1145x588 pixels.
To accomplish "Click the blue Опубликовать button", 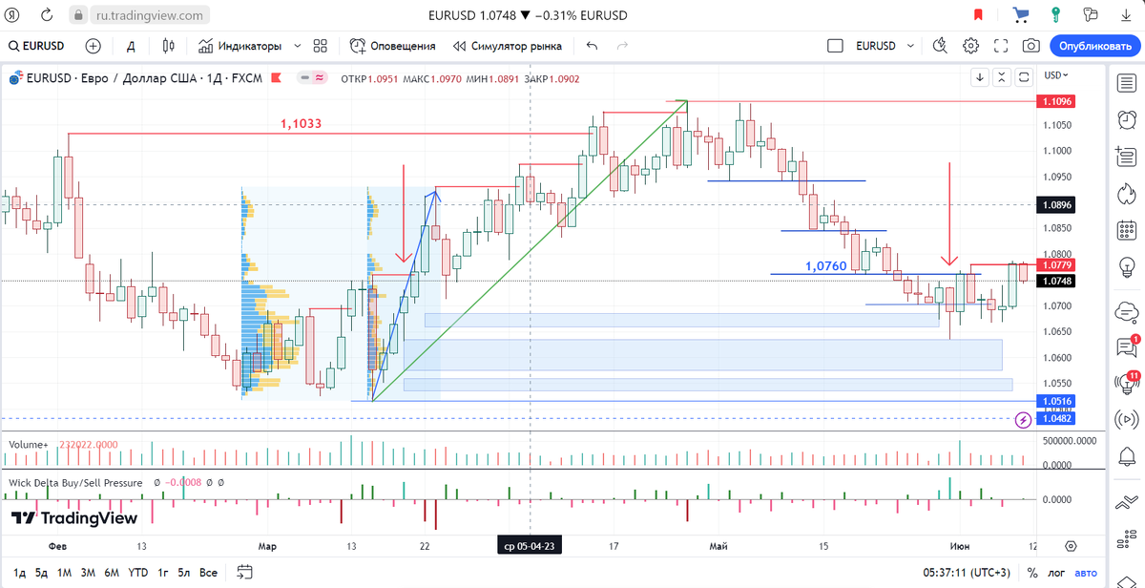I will point(1095,46).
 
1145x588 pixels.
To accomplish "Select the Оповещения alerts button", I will point(392,46).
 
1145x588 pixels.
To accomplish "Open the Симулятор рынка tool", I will point(508,46).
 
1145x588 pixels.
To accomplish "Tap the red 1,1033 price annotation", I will point(301,123).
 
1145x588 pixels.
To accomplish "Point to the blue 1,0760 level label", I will point(825,266).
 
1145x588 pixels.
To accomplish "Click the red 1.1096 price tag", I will point(1057,101).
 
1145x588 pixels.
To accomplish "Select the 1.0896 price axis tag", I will point(1057,204).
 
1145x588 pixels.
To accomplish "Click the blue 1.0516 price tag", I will point(1057,401).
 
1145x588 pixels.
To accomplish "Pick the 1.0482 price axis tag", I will point(1057,418).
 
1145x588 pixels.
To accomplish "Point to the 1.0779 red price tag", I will point(1057,264).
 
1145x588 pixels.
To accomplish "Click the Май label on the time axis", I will point(718,546).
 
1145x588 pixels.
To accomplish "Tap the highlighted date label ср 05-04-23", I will point(527,546).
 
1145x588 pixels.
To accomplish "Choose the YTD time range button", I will point(138,573).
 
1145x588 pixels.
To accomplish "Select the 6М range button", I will point(112,573).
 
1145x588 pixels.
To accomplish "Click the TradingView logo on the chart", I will point(74,518).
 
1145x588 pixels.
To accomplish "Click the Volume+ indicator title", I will point(28,445).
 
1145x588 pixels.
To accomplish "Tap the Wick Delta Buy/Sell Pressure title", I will point(75,483).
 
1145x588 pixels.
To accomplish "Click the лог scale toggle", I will point(1057,573).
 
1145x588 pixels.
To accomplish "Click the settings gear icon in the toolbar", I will point(970,46).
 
